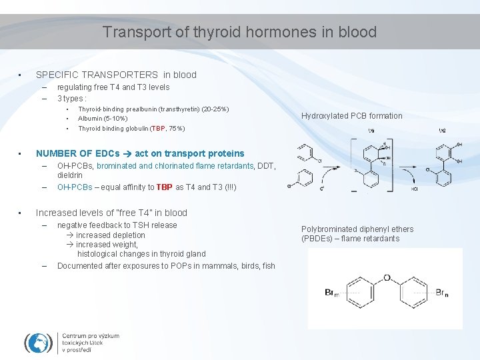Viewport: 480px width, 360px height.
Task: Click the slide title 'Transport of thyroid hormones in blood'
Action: pos(240,32)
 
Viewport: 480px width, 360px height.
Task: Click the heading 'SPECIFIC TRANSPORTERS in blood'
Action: pos(116,75)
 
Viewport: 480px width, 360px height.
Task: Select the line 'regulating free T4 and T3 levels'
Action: pos(113,87)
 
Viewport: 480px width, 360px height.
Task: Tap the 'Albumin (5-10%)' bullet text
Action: pos(103,118)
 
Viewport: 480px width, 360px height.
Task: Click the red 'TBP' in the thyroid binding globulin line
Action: pos(158,128)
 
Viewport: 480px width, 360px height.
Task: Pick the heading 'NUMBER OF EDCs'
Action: pos(77,153)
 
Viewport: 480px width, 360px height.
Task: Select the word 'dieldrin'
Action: pos(70,175)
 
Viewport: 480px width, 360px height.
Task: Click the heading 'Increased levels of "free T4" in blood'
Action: pos(111,213)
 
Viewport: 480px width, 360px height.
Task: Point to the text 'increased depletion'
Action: pos(110,235)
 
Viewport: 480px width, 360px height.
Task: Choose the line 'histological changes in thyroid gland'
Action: pos(141,253)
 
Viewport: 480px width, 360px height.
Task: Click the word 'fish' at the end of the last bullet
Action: pos(269,266)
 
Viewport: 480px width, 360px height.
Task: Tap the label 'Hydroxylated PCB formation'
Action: pos(352,116)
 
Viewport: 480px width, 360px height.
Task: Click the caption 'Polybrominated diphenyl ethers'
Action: pos(357,229)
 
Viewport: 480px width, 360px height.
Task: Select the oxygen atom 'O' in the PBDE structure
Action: pos(387,279)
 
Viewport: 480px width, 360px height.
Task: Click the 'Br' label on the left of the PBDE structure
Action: pos(330,292)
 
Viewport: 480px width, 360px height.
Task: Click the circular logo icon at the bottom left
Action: pos(39,342)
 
